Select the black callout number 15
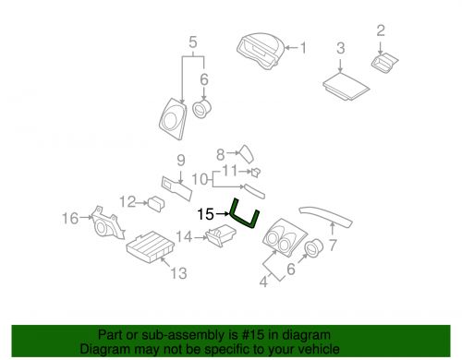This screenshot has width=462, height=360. point(205,214)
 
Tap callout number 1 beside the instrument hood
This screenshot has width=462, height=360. point(303,48)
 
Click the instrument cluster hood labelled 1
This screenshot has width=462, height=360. point(261,50)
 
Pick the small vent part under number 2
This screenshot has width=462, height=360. point(384,63)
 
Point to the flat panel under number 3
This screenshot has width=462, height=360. point(346,86)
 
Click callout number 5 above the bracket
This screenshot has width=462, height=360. point(193,42)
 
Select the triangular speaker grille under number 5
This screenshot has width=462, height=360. point(173,119)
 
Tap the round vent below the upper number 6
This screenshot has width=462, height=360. point(202,109)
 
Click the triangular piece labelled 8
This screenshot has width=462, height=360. point(246,153)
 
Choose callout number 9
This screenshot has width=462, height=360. point(181,161)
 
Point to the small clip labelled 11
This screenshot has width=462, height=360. point(256,172)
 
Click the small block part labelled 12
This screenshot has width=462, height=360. point(156,204)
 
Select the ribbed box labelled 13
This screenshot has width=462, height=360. point(151,247)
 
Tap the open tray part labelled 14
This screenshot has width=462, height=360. point(221,235)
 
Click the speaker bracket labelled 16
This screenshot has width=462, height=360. point(108,222)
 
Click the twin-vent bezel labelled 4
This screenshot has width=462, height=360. point(284,238)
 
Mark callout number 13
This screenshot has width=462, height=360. point(178,273)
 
